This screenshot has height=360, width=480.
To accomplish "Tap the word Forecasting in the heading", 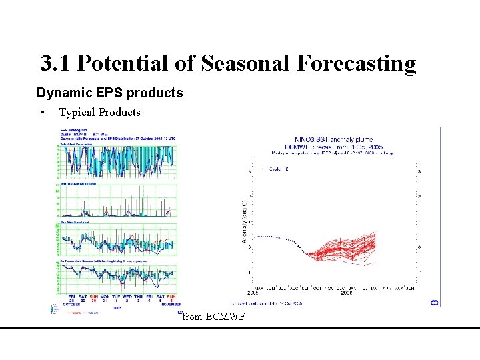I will point(357,63).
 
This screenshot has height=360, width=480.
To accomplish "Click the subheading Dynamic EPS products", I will point(109,93).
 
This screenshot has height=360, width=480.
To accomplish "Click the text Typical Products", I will point(100,112).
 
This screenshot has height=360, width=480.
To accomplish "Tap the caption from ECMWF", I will point(213,317).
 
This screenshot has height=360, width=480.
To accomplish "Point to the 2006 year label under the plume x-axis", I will point(347,292).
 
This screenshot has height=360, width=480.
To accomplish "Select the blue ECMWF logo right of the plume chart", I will point(434,302).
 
